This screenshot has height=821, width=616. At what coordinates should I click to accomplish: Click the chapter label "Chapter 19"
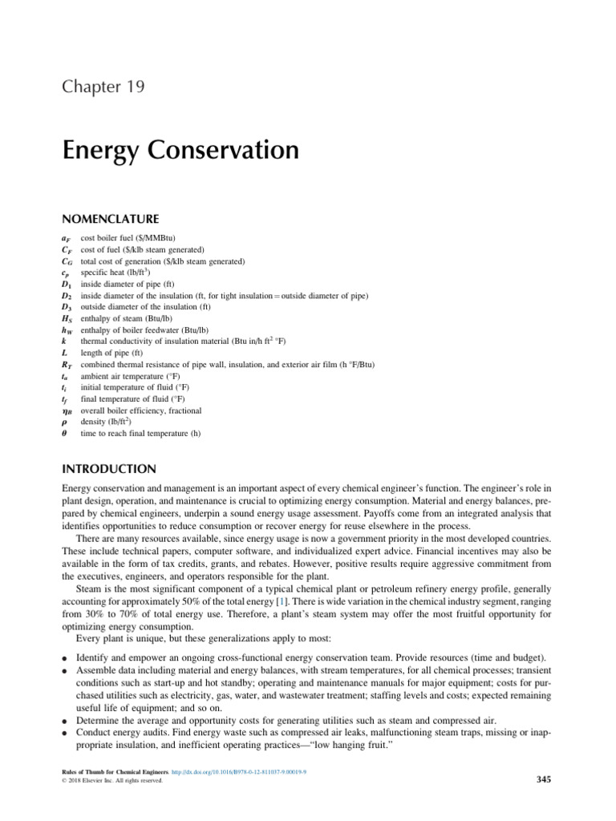(x=103, y=87)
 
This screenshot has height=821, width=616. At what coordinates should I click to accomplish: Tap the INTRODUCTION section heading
(x=109, y=468)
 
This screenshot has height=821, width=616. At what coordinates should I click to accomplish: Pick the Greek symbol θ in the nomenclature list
(x=65, y=434)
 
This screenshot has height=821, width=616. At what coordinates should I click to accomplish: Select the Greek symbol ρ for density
(x=65, y=423)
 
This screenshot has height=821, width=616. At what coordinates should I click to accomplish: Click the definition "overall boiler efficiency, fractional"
(x=141, y=410)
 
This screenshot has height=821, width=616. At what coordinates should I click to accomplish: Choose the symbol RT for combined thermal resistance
(x=67, y=365)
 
